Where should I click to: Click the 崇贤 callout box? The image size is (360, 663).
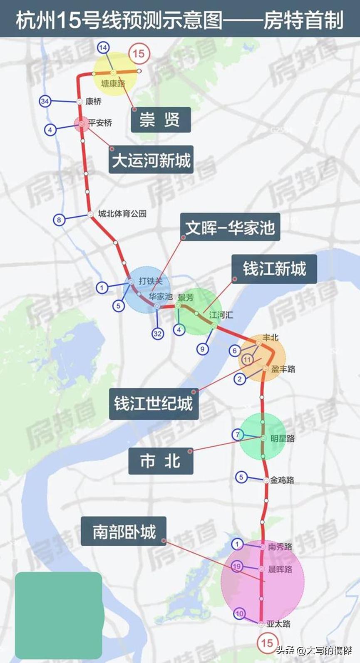tap(161, 120)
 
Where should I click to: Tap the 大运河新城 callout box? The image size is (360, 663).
tap(151, 160)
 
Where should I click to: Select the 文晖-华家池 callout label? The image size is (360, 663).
tap(230, 227)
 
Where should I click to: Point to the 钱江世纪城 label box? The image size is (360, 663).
tap(153, 403)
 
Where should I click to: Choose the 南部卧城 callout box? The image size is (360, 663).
tap(124, 532)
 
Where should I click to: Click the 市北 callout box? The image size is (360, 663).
tap(160, 461)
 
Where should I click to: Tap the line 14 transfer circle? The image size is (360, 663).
tap(103, 48)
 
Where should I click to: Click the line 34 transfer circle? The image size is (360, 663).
tap(45, 101)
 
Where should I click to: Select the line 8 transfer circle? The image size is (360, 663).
tap(59, 220)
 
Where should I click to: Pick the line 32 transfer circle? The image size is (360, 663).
tap(157, 333)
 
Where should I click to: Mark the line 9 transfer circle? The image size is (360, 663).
tap(203, 349)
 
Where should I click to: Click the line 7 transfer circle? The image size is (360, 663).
tap(238, 435)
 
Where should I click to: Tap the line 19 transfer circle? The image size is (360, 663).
tap(237, 566)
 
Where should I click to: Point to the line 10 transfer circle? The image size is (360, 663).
tap(239, 614)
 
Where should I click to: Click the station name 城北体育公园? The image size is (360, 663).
tap(122, 214)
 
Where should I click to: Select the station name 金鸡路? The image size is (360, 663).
tap(282, 480)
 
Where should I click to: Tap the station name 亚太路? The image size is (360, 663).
tap(278, 624)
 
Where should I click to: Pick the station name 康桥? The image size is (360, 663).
tap(94, 101)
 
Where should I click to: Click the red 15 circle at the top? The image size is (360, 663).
tap(138, 54)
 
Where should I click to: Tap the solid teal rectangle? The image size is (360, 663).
tap(58, 615)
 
